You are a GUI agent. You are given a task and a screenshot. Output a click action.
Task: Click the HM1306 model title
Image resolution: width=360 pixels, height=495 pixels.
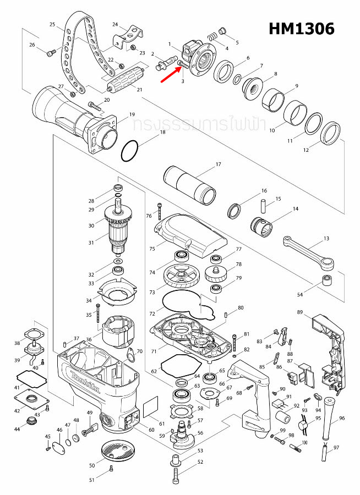point(301,29)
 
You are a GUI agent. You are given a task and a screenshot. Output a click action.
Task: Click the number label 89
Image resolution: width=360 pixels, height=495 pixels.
point(300,312)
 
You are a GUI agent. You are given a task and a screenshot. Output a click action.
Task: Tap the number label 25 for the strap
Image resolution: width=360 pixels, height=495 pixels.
point(52,25)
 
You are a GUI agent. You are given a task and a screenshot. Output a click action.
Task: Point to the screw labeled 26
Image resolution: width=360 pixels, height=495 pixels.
point(50,52)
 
